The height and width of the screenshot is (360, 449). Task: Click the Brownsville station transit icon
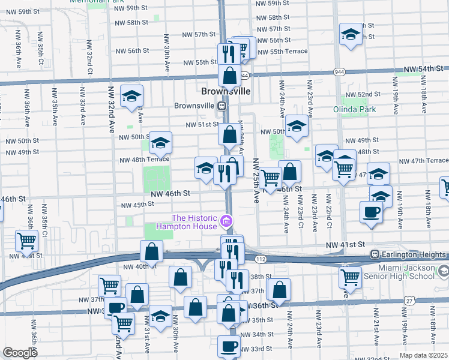coord(222,106)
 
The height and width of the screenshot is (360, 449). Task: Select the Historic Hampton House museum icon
coord(226,222)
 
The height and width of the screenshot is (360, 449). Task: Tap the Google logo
coord(20,353)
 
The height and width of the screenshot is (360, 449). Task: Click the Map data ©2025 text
coord(423,355)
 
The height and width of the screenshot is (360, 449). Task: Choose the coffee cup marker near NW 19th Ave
coord(371,212)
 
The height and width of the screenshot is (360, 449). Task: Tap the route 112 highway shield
coord(259,259)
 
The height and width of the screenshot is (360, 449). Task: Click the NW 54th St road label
coord(426,70)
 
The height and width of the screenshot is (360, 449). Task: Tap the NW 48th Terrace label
coord(144,160)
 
